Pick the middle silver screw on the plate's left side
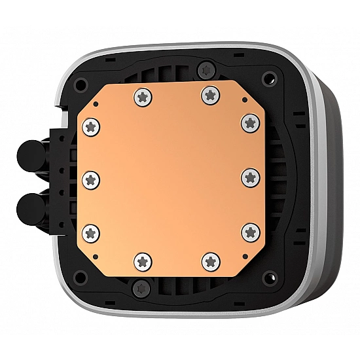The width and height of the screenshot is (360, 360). tap(91, 178)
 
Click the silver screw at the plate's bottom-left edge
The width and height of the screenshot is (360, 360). tap(142, 261)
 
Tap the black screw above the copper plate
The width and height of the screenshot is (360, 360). tap(207, 68)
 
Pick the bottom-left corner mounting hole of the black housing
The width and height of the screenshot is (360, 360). tap(82, 275)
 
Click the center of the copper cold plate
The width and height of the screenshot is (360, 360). tap(171, 178)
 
